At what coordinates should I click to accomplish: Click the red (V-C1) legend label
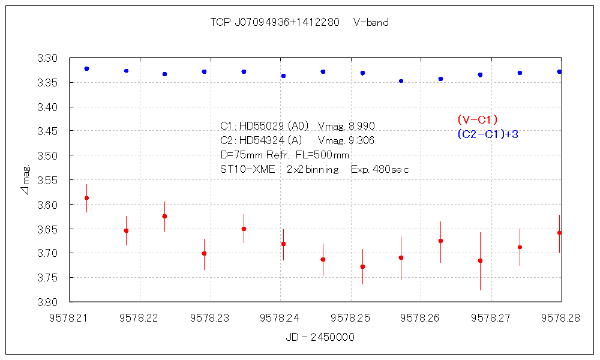tap(477, 119)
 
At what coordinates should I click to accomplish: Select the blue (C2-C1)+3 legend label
tap(487, 134)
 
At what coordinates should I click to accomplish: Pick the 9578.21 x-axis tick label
tap(70, 319)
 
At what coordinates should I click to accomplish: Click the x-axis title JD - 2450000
tap(320, 337)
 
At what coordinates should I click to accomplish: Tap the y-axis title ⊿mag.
tap(25, 180)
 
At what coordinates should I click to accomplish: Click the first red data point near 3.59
tap(87, 198)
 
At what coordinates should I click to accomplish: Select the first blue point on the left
tap(87, 69)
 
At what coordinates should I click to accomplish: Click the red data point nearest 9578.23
tap(204, 253)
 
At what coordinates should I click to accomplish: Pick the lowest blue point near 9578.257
tap(401, 81)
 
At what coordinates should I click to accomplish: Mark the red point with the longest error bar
tap(480, 260)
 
